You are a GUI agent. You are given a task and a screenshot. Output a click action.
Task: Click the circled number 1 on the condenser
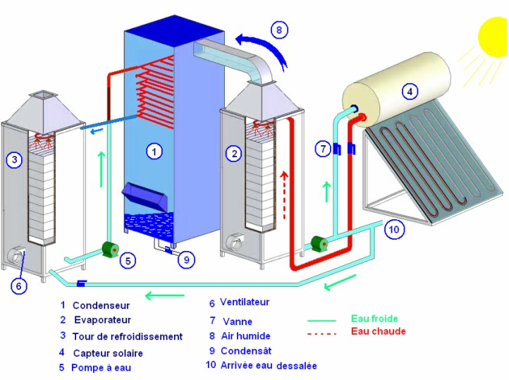click(154, 151)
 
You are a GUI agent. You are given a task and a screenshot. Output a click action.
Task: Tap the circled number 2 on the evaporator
click(234, 154)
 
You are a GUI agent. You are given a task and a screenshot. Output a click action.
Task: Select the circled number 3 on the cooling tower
click(14, 159)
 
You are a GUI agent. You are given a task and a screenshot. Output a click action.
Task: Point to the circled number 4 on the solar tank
click(410, 92)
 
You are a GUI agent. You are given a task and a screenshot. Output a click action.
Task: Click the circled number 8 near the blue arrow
click(279, 30)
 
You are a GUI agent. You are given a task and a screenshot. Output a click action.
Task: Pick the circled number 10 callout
click(394, 229)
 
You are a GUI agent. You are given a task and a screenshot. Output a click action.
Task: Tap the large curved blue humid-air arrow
click(266, 45)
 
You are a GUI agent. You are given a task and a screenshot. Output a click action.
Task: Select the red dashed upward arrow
click(284, 195)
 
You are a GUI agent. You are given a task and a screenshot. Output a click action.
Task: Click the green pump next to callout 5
click(111, 250)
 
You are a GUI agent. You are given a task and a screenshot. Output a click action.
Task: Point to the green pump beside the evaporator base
click(319, 243)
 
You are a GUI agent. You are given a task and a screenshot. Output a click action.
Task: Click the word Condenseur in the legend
click(101, 305)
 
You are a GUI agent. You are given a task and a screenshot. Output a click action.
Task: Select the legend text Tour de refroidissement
click(127, 336)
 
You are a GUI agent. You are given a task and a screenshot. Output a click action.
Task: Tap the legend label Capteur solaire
click(108, 353)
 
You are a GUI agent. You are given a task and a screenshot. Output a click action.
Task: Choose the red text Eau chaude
click(379, 331)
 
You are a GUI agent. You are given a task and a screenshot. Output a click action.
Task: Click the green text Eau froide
click(374, 319)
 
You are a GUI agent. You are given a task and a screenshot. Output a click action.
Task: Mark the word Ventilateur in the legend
click(245, 302)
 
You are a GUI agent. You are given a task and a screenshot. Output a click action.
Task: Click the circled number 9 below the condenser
click(186, 259)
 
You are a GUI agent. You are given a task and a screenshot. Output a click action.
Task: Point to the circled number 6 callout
click(18, 286)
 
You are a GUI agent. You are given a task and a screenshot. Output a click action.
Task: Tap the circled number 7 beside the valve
click(323, 149)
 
